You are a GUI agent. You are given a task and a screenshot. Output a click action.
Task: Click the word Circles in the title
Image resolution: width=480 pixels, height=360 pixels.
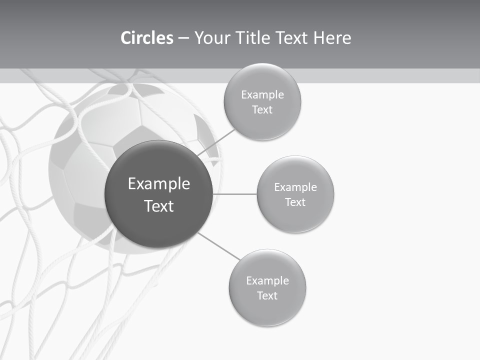pos(146,38)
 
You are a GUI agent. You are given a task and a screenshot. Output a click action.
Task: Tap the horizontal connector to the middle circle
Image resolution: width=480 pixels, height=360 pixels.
pos(235,194)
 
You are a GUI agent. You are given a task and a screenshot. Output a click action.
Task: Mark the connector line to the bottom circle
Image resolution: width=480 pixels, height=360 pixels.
pos(218,246)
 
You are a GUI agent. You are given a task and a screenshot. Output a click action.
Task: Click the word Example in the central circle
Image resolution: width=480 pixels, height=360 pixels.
pos(159,183)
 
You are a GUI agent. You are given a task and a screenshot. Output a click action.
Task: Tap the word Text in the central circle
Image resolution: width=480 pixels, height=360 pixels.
pos(159,206)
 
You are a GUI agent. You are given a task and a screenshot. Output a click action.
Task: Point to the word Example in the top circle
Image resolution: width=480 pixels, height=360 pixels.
pos(262,94)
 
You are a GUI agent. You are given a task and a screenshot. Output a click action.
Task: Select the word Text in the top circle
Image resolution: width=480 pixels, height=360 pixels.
pos(262,110)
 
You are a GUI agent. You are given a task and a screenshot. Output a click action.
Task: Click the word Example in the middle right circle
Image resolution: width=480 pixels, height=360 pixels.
pos(295,187)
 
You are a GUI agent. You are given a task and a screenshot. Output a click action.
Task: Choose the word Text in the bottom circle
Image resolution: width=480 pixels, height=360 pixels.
pos(267,295)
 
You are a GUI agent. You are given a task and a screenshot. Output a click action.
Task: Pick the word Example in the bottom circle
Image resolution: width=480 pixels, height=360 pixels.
pos(267,280)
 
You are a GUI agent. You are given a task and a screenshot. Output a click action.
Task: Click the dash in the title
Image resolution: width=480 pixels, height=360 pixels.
pos(183,38)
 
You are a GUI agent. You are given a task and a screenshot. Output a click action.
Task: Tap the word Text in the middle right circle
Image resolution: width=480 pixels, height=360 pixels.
pos(295,202)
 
